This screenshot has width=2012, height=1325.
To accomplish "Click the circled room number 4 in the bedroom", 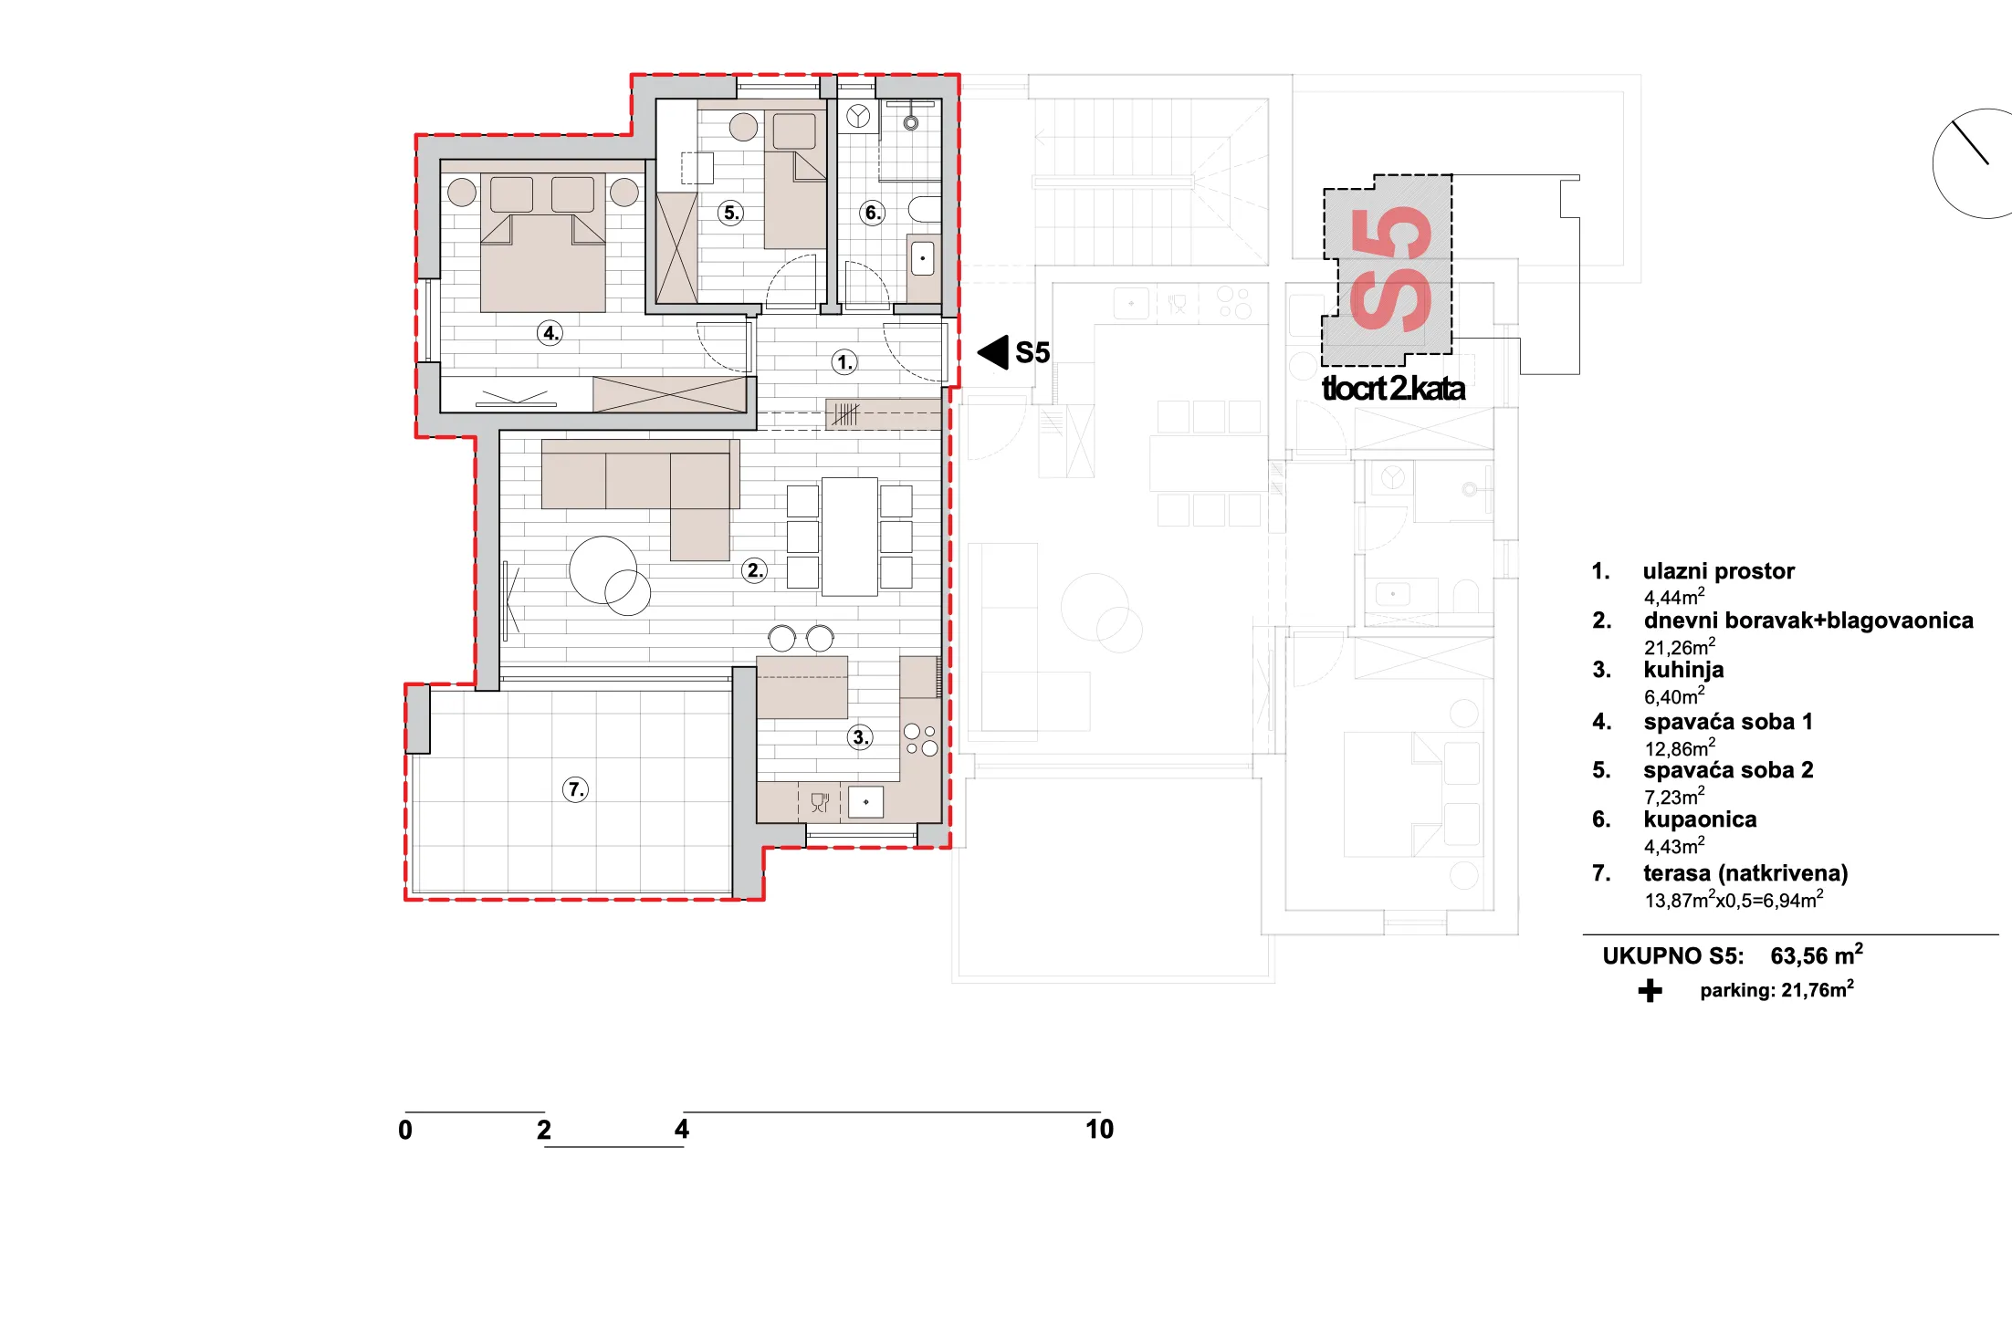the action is click(550, 333).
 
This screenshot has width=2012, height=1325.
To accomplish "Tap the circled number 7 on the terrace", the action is click(575, 789).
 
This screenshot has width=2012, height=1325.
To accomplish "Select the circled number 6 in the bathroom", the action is click(873, 213).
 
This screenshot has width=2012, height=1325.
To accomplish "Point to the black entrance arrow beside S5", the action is click(992, 352).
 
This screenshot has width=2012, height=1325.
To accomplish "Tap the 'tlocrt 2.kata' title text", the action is click(1393, 389).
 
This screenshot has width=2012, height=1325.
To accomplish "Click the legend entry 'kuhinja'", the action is click(1683, 670).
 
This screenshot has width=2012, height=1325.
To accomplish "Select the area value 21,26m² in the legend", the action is click(1680, 647).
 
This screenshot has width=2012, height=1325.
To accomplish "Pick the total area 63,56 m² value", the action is click(1817, 955).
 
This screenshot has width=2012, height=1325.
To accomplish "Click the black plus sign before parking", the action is click(1650, 991).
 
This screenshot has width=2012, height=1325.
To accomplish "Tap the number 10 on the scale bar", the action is click(1099, 1130).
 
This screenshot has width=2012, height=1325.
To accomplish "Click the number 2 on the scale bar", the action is click(544, 1131).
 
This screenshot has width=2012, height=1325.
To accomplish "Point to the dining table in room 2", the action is click(850, 537).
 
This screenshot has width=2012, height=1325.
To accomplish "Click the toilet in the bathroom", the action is click(924, 210).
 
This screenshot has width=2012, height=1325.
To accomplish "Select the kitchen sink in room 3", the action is click(865, 802).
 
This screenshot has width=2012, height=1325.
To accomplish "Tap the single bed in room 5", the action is click(795, 179).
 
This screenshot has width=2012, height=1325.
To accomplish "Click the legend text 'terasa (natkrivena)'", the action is click(1745, 873).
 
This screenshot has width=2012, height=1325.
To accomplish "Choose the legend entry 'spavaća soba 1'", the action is click(1728, 722).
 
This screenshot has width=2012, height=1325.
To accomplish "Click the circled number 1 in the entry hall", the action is click(845, 362).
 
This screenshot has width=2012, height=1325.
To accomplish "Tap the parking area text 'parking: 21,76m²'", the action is click(1776, 990).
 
